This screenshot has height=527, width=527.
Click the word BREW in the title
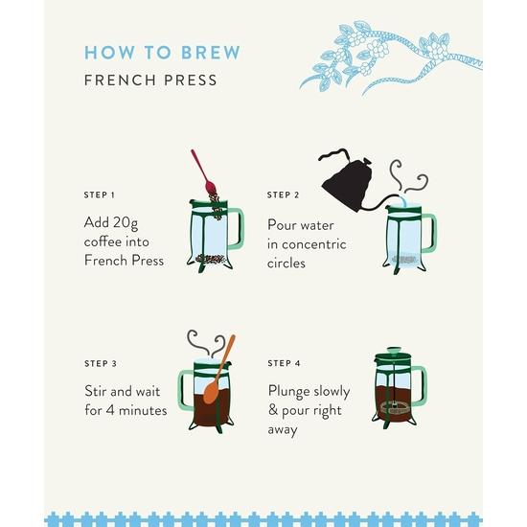(x=211, y=53)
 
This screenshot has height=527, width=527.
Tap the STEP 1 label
(x=99, y=195)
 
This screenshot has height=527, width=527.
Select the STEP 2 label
(x=283, y=195)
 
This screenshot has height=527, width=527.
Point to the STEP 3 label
(x=101, y=364)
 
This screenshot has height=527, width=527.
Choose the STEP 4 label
(x=284, y=363)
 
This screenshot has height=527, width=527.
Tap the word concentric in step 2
(x=314, y=244)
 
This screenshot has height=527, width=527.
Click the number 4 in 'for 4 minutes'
(x=110, y=410)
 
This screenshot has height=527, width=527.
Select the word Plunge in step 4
(x=289, y=392)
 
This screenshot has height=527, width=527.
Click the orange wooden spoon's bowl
(x=211, y=393)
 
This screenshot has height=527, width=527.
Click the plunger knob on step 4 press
(x=393, y=351)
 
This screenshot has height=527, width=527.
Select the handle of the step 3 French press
(x=184, y=389)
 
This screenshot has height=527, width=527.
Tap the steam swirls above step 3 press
(x=206, y=343)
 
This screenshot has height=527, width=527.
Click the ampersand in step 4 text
(x=273, y=410)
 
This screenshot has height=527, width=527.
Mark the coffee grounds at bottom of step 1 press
(x=210, y=259)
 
